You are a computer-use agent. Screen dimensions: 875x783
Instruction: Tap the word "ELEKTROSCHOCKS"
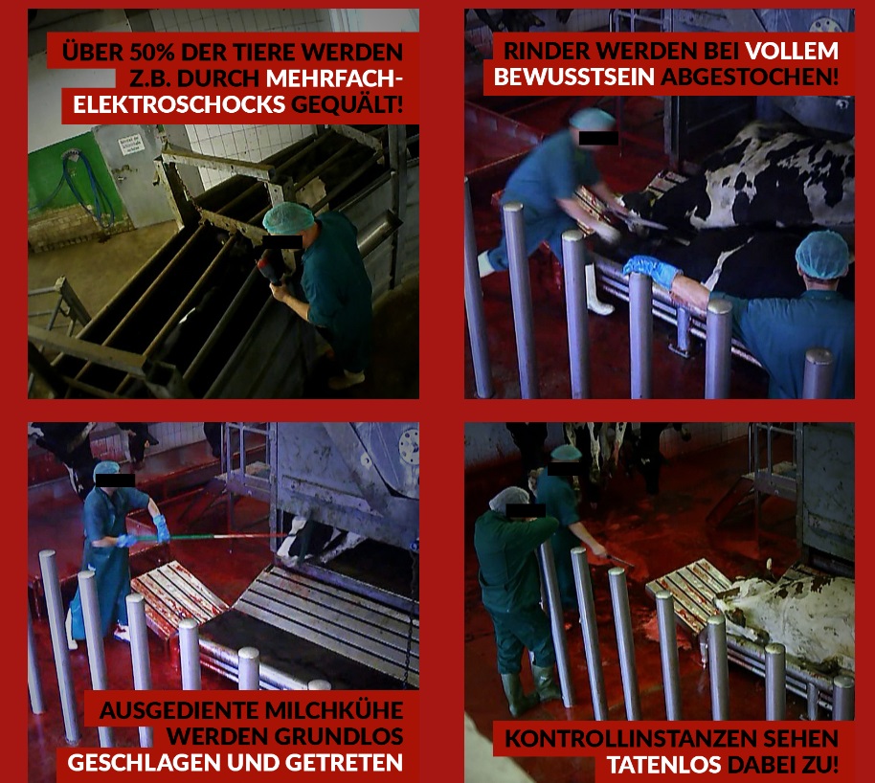(x=179, y=104)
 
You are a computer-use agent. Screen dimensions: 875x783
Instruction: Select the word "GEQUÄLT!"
(x=348, y=104)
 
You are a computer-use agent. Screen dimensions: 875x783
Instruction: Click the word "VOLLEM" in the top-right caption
(x=792, y=51)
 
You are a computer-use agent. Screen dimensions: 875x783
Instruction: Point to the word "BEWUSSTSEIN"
(x=574, y=77)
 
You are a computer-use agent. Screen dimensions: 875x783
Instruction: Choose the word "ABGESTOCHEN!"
(x=750, y=77)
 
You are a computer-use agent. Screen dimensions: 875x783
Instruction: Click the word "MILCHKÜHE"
(x=334, y=710)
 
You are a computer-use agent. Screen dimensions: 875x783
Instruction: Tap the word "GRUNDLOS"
(x=339, y=737)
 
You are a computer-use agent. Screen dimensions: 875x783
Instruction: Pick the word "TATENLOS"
(x=664, y=765)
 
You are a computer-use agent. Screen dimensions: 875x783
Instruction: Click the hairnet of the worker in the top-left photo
(x=288, y=218)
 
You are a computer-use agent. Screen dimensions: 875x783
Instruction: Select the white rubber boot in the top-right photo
(x=597, y=290)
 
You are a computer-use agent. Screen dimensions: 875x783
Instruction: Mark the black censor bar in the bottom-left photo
(x=115, y=480)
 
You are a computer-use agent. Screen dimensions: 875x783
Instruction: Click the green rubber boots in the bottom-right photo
(x=530, y=690)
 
